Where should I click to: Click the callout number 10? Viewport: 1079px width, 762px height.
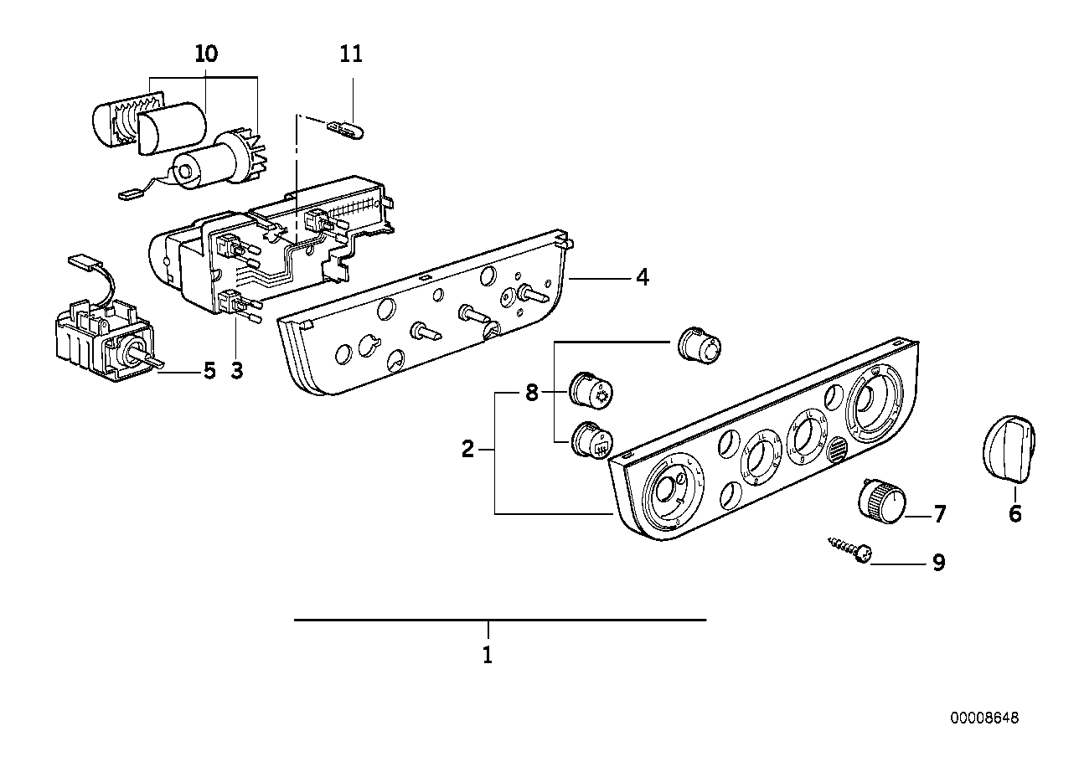pos(205,54)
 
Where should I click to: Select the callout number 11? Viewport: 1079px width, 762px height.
pos(352,54)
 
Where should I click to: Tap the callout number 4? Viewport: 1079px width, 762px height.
pos(642,276)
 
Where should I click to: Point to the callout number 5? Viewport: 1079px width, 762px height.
pos(209,369)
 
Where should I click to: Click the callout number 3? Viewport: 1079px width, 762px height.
pos(237,369)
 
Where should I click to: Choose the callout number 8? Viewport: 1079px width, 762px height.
pos(531,392)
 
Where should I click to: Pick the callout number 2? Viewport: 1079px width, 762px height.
pos(468,450)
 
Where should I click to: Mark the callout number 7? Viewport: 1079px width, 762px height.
pos(939,514)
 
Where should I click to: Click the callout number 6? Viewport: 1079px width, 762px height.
pos(1014,512)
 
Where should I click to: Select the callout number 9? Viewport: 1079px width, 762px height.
pos(939,562)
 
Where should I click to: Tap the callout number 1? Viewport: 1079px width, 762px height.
pos(488,654)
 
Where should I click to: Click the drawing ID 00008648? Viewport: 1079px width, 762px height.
pos(984,718)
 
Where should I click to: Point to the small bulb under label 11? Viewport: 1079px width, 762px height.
pos(345,129)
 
